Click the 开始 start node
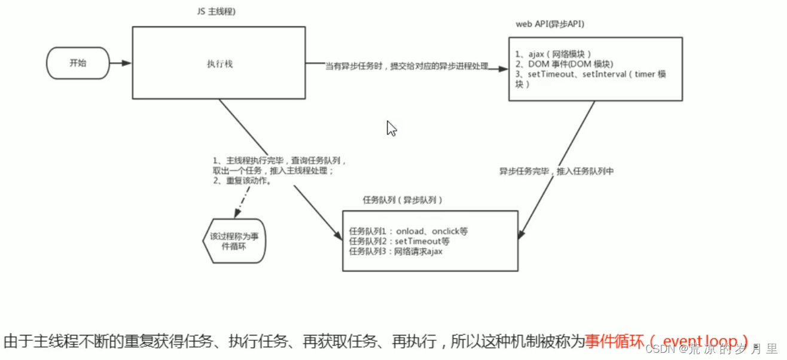pyautogui.click(x=78, y=63)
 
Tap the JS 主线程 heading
pyautogui.click(x=216, y=13)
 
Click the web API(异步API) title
pyautogui.click(x=550, y=24)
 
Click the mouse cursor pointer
pyautogui.click(x=391, y=128)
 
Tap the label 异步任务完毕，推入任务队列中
pyautogui.click(x=557, y=171)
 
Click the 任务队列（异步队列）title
pyautogui.click(x=402, y=199)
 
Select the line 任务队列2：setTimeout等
pyautogui.click(x=399, y=242)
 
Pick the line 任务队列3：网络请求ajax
pyautogui.click(x=395, y=252)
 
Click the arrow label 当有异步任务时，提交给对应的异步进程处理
pyautogui.click(x=407, y=66)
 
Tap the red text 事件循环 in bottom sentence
pyautogui.click(x=614, y=341)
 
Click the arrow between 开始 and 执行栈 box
pyautogui.click(x=120, y=63)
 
